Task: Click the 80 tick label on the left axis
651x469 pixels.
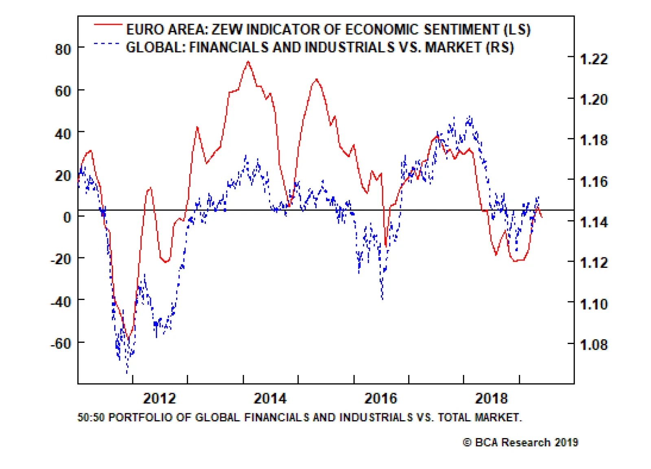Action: pos(63,50)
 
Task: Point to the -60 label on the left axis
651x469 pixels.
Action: pos(61,344)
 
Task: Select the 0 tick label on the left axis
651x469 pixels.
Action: pos(67,217)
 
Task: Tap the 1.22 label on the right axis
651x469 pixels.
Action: pos(594,59)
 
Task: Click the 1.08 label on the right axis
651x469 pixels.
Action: pos(594,345)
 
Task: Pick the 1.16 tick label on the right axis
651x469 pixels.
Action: pos(594,182)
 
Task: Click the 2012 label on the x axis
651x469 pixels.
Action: pos(159,398)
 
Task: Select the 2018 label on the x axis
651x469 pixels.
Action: pos(492,398)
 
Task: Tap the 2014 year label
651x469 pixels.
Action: pos(270,398)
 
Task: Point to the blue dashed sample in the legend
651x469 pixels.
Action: pos(107,44)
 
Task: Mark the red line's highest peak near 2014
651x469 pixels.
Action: pos(248,62)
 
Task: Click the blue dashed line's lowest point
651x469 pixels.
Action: pos(127,372)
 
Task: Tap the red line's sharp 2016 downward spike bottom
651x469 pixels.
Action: pos(386,246)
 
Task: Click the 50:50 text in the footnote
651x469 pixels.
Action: pos(91,418)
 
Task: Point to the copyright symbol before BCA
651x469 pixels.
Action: pos(467,443)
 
